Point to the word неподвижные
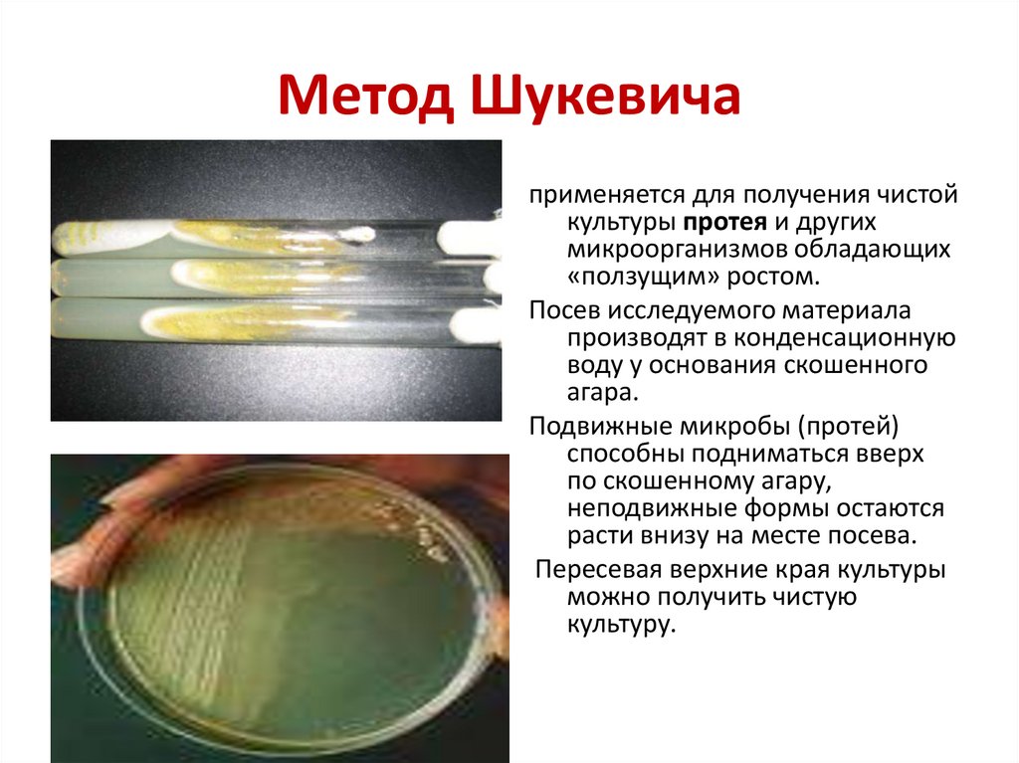click(x=664, y=508)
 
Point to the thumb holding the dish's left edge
click(x=80, y=557)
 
